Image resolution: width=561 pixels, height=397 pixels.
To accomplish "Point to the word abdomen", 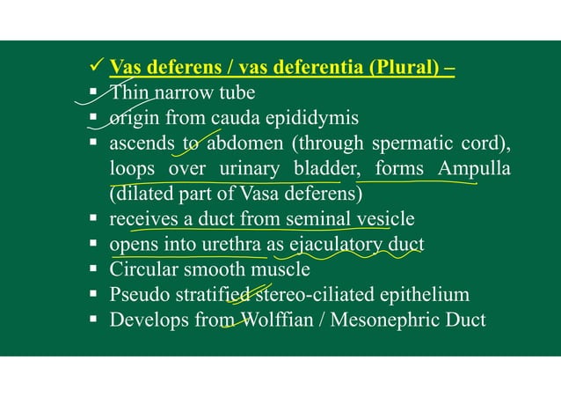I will point(244,143).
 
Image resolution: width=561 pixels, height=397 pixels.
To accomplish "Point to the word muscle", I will point(280,268).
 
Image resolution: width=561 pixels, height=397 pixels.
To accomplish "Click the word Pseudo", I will point(136,294).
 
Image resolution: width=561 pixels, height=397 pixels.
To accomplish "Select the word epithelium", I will point(426,294).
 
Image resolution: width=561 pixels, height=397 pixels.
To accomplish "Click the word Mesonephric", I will point(380,320).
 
